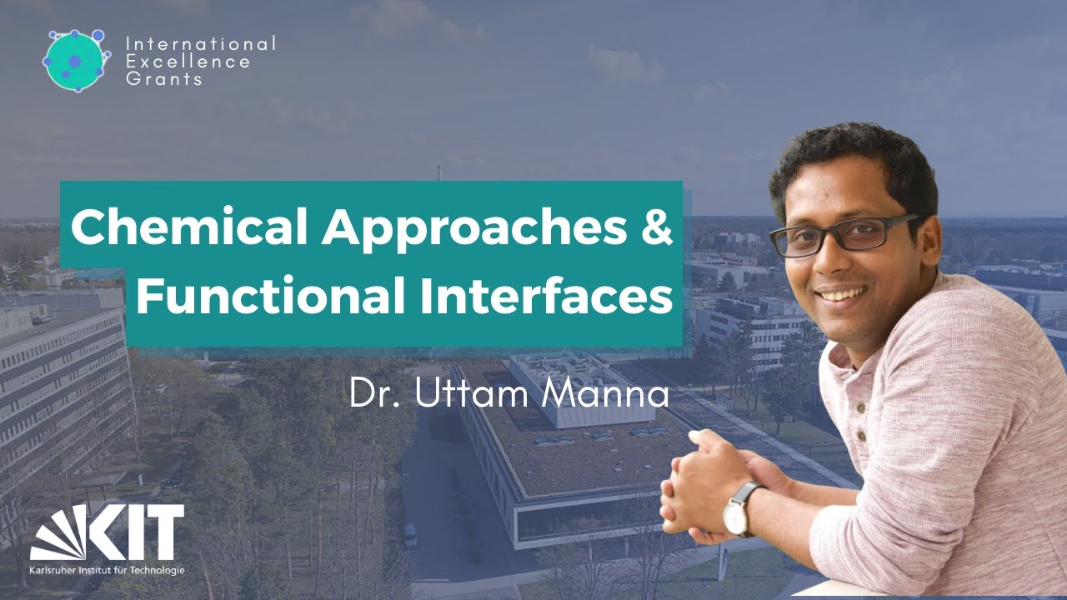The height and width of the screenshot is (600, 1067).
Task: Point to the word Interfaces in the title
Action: [546, 297]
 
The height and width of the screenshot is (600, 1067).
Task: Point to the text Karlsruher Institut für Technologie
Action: [107, 571]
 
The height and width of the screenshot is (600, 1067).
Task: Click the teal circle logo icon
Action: [76, 61]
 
